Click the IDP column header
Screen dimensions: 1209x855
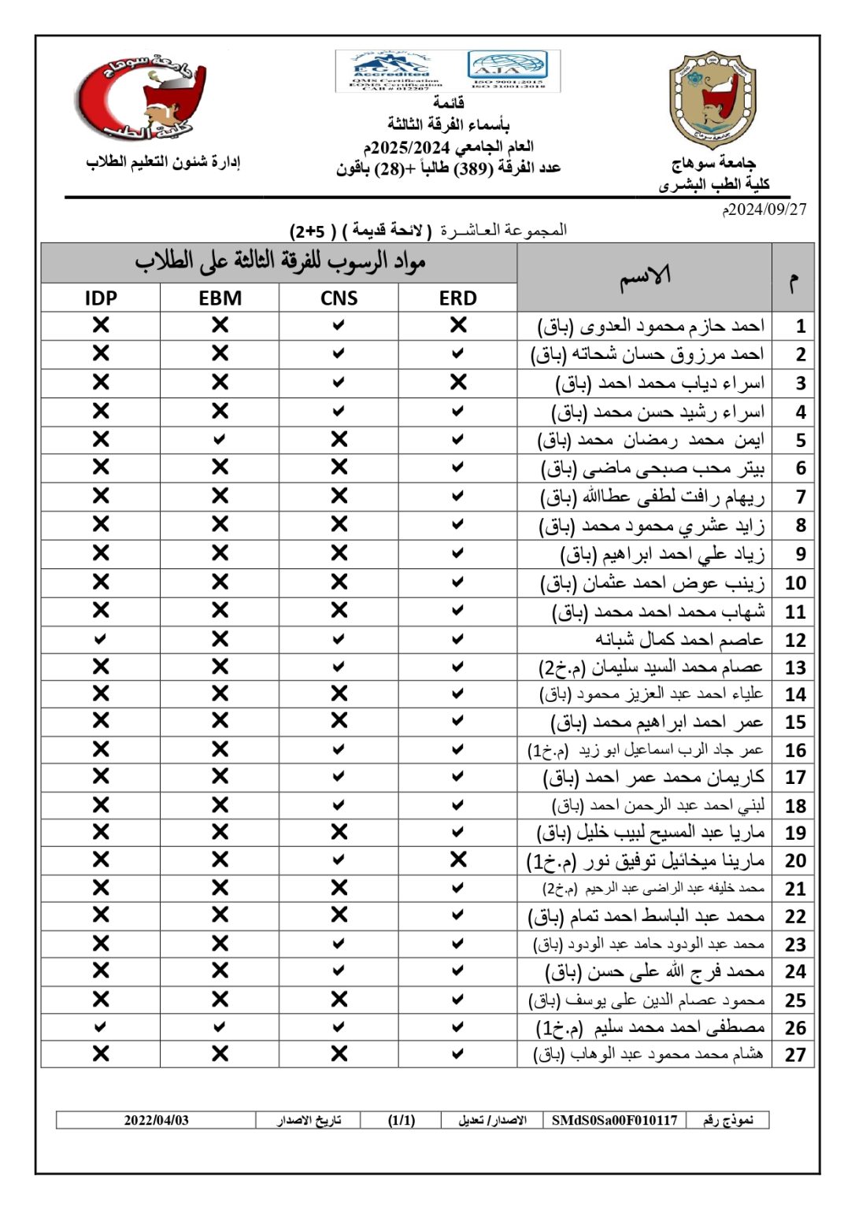[101, 298]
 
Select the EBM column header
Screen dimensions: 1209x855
[220, 298]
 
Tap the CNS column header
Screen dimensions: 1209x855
[339, 298]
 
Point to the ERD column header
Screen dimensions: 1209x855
[458, 298]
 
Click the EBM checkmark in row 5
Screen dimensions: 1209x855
[220, 439]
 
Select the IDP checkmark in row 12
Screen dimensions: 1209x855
[100, 639]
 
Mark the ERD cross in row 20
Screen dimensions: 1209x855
[458, 860]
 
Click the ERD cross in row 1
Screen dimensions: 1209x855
[458, 325]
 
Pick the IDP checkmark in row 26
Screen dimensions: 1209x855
[100, 1027]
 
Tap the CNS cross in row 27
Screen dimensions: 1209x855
[339, 1054]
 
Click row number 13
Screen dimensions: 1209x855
[795, 668]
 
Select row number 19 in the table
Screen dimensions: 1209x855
[795, 833]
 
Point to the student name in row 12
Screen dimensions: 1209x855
[679, 639]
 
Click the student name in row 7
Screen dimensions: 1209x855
[652, 497]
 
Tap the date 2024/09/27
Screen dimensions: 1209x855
[765, 209]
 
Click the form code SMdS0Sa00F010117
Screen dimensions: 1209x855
[614, 1120]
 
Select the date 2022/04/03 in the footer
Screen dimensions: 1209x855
[156, 1120]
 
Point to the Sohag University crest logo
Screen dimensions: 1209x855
[712, 100]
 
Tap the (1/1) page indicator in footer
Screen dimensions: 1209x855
[402, 1120]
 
